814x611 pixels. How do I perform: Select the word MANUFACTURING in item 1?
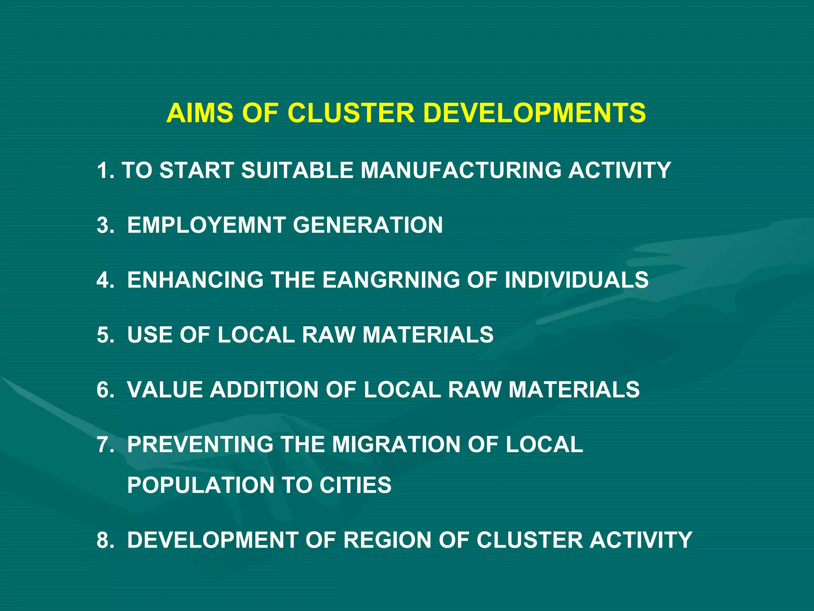point(461,170)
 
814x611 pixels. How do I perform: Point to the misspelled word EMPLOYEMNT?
point(206,225)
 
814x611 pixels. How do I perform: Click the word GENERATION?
point(368,225)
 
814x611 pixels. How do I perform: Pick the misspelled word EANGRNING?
point(391,280)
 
